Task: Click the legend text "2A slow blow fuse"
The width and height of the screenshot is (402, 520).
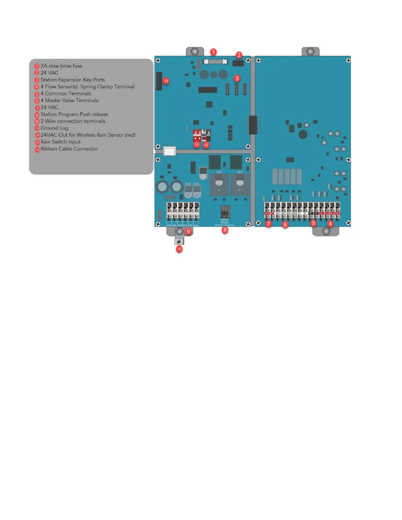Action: click(x=61, y=66)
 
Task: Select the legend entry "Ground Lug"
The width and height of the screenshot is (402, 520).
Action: click(x=54, y=128)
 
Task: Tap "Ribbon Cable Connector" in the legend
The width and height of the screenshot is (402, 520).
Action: click(x=69, y=149)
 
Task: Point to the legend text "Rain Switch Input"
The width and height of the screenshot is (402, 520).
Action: click(x=60, y=142)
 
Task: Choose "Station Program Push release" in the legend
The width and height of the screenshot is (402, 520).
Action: click(x=74, y=114)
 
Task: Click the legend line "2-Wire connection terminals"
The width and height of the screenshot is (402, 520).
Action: click(x=73, y=121)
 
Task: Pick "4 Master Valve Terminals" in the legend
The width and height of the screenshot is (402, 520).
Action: click(x=69, y=100)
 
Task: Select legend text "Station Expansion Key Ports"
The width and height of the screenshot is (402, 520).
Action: click(x=73, y=80)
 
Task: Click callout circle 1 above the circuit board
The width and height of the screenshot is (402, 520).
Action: click(x=213, y=52)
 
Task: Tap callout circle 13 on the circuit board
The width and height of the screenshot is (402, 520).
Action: click(x=166, y=81)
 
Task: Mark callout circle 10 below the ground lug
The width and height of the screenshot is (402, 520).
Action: click(x=179, y=249)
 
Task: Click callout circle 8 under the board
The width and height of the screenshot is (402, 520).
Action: click(x=225, y=230)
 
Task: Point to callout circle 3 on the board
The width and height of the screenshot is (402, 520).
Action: click(x=237, y=78)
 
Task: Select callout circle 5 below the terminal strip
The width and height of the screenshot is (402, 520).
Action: click(x=313, y=223)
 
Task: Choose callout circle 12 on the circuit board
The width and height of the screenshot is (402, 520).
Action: click(x=206, y=145)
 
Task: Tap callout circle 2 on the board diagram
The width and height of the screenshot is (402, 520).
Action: click(x=239, y=55)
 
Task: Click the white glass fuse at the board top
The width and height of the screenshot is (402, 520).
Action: click(x=215, y=62)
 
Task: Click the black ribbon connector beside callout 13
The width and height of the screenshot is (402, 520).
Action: click(x=159, y=81)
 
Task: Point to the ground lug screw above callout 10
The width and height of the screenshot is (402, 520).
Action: click(x=179, y=242)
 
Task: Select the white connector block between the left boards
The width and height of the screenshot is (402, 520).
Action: click(x=169, y=151)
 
